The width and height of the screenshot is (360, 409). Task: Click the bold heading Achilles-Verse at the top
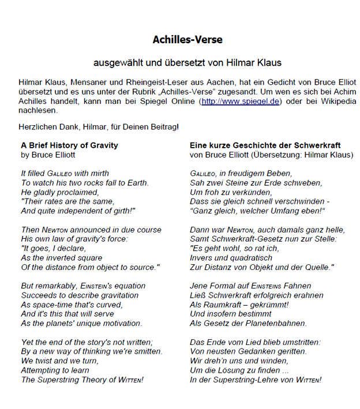click(187, 40)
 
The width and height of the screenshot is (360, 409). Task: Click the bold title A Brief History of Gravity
click(69, 145)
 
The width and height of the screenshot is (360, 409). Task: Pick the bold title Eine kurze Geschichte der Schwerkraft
click(265, 145)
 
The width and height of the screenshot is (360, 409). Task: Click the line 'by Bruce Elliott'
click(48, 155)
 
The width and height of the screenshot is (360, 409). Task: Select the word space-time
click(52, 305)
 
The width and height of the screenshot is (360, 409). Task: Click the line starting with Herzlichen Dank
click(99, 126)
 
